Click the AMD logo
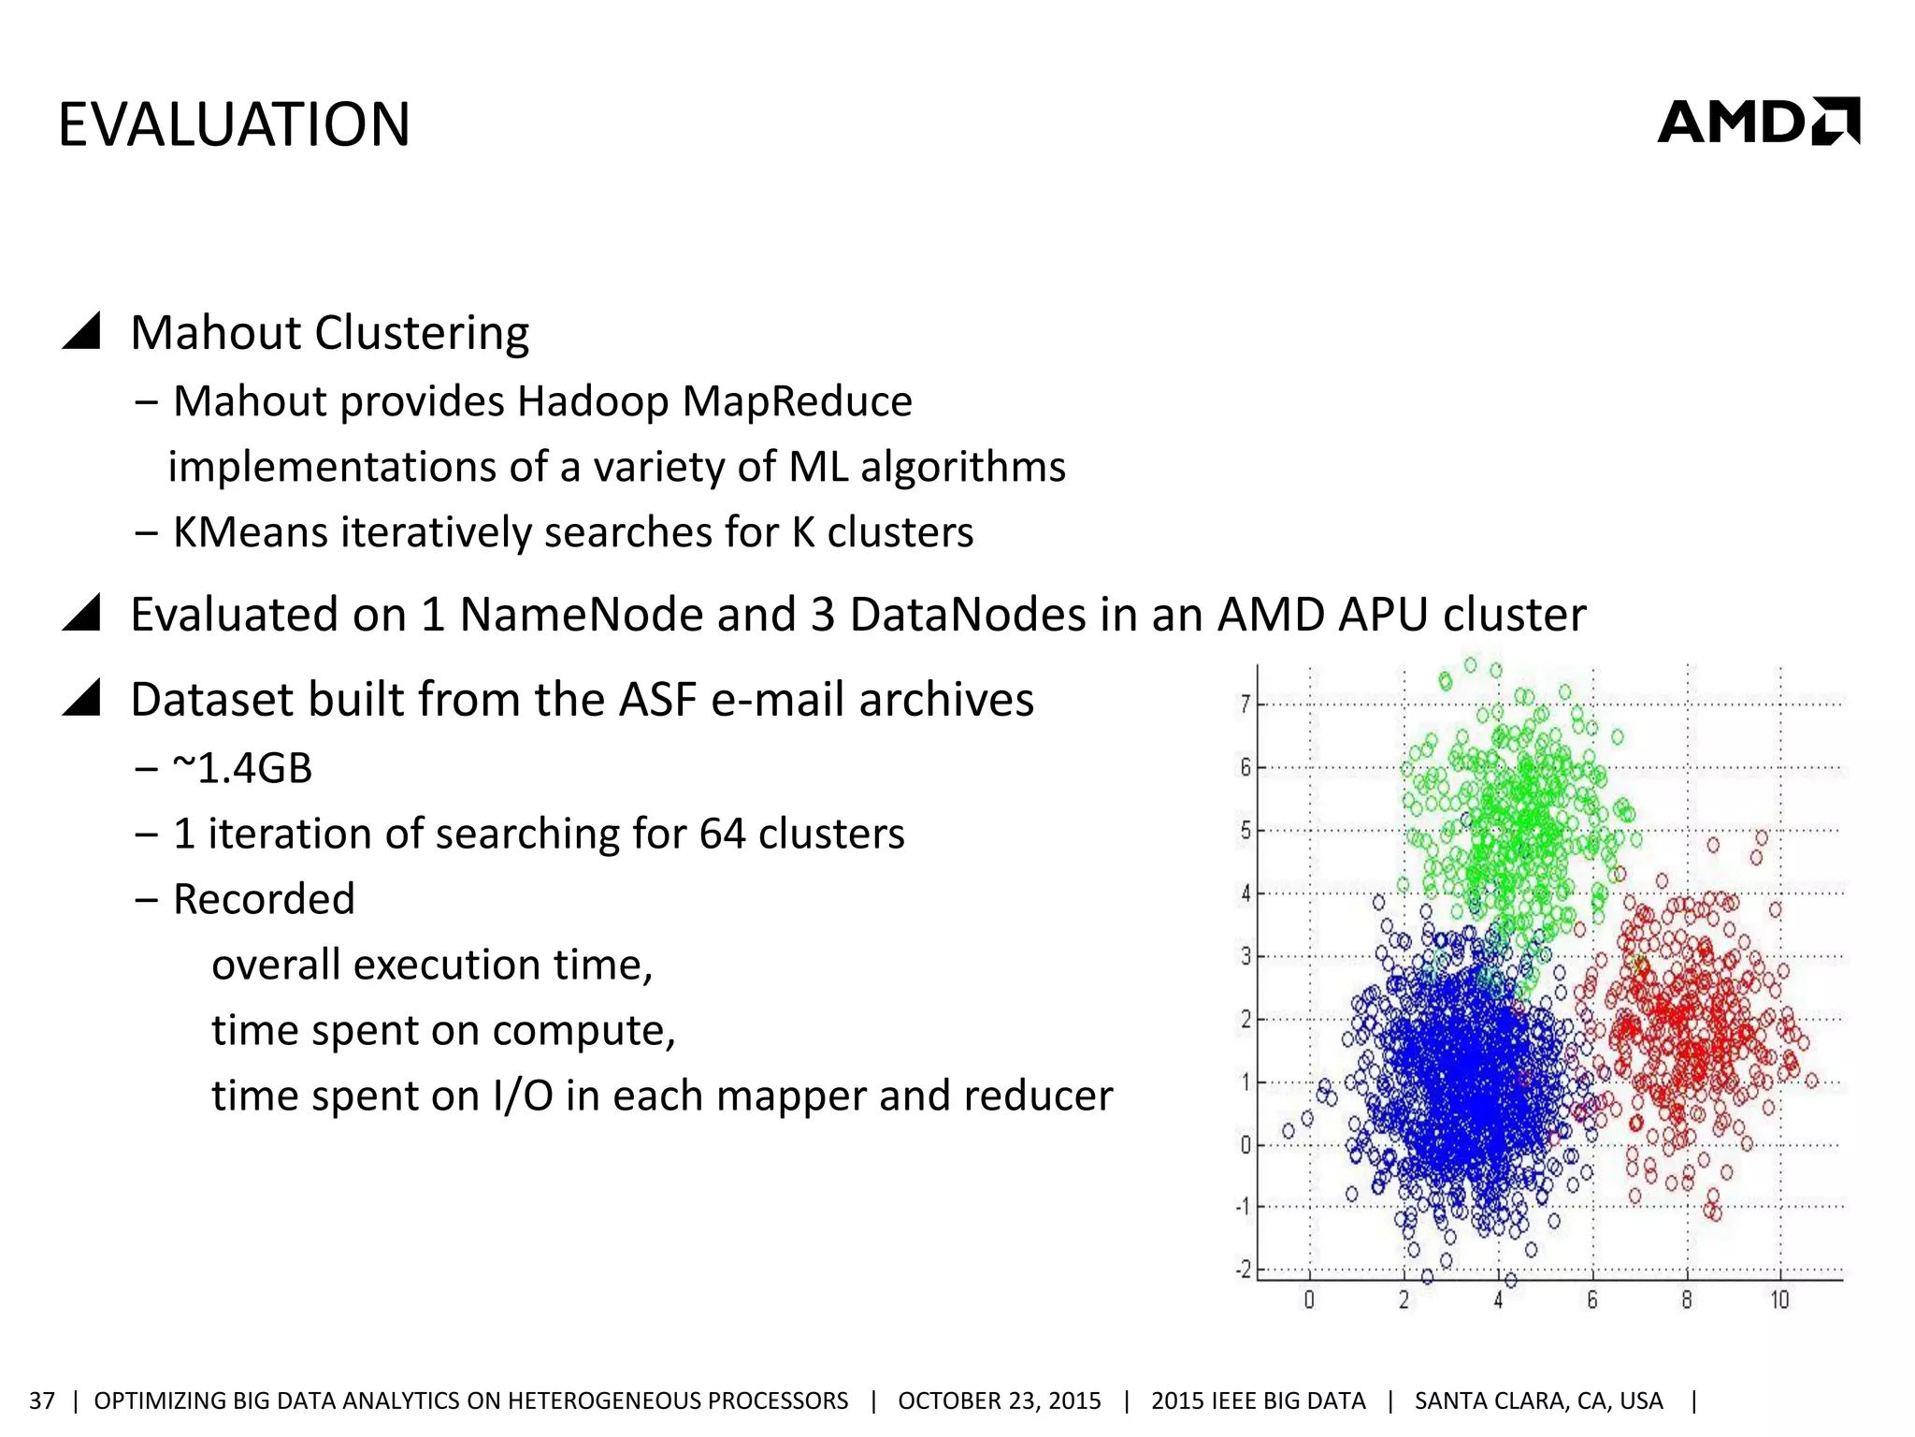tap(1758, 122)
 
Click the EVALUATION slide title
tap(234, 124)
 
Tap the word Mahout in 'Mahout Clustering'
tap(214, 333)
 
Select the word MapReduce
tap(797, 401)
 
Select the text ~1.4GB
tap(242, 768)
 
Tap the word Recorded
tap(264, 899)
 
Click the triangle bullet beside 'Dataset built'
tap(81, 698)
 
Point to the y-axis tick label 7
tap(1245, 704)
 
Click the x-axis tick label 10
tap(1778, 1299)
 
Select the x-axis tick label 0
tap(1309, 1299)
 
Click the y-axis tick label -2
tap(1244, 1270)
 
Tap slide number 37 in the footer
tap(42, 1401)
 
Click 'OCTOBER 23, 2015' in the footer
tap(999, 1401)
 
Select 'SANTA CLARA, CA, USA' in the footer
tap(1538, 1401)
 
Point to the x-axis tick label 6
tap(1592, 1299)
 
